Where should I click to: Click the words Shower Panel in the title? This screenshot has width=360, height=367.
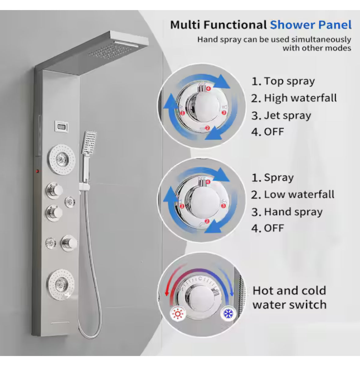pyautogui.click(x=311, y=25)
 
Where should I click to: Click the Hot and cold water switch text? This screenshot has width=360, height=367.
pyautogui.click(x=289, y=298)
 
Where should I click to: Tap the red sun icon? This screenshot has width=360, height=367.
pyautogui.click(x=178, y=314)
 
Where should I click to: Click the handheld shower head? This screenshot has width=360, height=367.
pyautogui.click(x=89, y=143)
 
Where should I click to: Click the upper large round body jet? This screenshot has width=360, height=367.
pyautogui.click(x=61, y=160)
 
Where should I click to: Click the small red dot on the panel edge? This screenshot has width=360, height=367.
pyautogui.click(x=37, y=171)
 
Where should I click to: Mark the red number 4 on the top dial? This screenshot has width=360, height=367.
pyautogui.click(x=208, y=88)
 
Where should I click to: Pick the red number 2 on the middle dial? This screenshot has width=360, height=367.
pyautogui.click(x=207, y=221)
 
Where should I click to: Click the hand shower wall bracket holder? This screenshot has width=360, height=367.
pyautogui.click(x=85, y=187)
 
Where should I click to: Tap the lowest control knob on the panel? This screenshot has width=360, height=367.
pyautogui.click(x=69, y=243)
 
